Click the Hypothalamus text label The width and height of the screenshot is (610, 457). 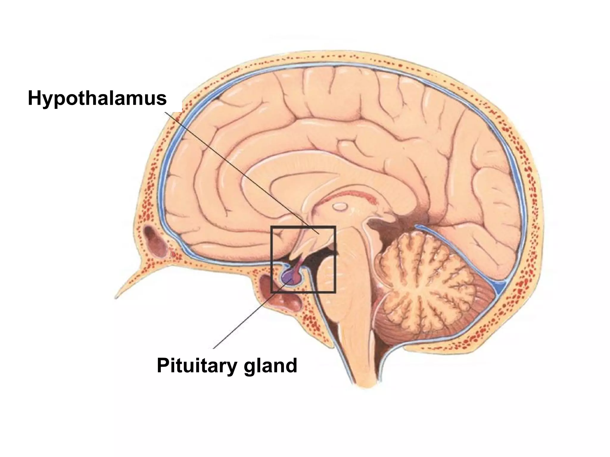[97, 98]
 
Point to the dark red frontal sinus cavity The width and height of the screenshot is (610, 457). [155, 241]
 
